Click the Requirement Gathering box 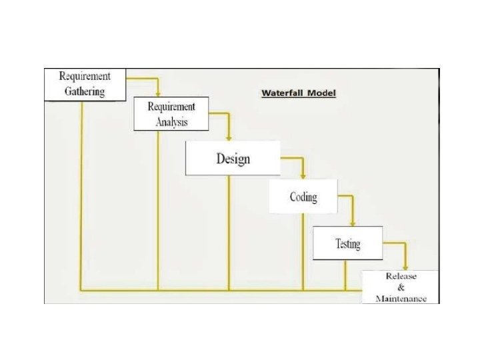click(x=85, y=84)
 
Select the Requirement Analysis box click(x=171, y=113)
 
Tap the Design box click(x=232, y=159)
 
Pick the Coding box click(x=303, y=197)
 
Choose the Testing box click(x=347, y=243)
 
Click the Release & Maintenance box click(x=401, y=287)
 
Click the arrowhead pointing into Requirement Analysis click(x=158, y=93)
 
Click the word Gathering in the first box click(x=85, y=91)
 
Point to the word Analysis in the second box click(x=171, y=121)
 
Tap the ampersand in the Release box click(x=401, y=287)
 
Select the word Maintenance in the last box click(x=401, y=299)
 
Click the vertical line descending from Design click(x=229, y=233)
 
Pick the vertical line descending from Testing click(x=345, y=275)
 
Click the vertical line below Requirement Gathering click(x=81, y=193)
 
